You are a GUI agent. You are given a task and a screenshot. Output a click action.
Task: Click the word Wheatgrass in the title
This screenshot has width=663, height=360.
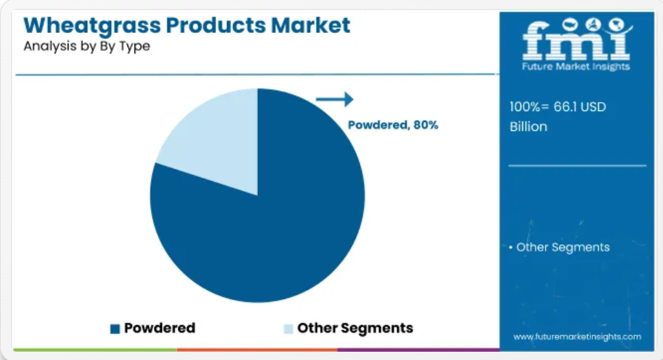[x=92, y=26]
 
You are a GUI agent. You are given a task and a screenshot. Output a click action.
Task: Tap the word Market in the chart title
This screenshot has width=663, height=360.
[x=311, y=25]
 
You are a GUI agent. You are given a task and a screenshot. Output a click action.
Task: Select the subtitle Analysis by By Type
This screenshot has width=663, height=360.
[x=86, y=46]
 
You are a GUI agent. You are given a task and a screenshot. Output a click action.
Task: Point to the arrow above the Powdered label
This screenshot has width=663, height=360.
[x=335, y=99]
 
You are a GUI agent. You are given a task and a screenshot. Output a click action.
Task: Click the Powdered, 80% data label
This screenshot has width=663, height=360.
[x=393, y=125]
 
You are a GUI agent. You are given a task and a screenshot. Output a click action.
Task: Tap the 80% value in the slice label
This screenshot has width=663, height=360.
[x=426, y=125]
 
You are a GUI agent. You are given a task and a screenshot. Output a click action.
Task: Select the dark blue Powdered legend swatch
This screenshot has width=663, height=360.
[x=115, y=328]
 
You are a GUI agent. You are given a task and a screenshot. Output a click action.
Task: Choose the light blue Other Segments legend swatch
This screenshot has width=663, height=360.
[x=289, y=328]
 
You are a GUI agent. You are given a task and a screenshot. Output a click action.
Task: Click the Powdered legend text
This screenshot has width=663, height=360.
[x=160, y=328]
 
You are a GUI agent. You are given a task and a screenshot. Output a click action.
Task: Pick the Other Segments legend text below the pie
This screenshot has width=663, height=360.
[x=355, y=328]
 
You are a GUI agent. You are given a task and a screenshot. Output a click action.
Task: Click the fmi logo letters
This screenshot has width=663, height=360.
[x=577, y=40]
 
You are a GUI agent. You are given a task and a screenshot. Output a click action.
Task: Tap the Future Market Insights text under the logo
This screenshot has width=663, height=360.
[x=576, y=67]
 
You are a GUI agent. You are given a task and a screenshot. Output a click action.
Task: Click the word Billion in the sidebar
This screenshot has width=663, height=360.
[x=529, y=126]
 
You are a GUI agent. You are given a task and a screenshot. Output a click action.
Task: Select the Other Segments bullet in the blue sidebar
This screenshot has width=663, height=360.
[x=559, y=247]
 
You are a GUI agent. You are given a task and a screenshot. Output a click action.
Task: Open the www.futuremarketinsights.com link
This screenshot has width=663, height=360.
[x=577, y=337]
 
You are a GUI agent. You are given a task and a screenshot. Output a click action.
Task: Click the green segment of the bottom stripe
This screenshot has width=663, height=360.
[x=95, y=350]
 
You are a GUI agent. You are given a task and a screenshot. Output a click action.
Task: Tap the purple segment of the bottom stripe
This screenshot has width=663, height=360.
[x=419, y=350]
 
